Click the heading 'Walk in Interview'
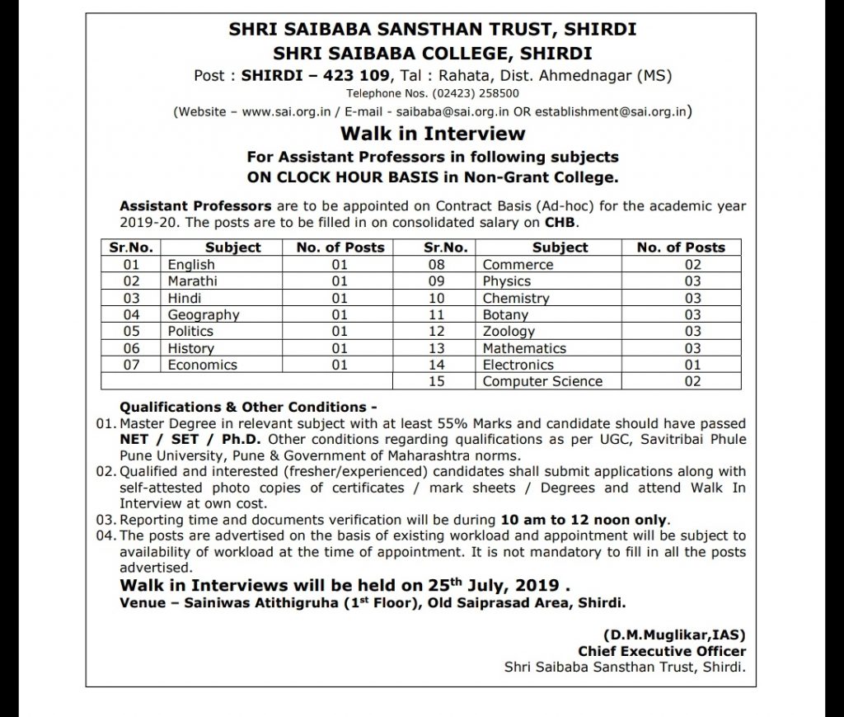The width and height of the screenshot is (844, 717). click(x=433, y=134)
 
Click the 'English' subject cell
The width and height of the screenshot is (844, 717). click(x=191, y=265)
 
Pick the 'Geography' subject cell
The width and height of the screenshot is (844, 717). click(x=204, y=314)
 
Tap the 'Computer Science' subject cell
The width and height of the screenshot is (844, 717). click(x=542, y=381)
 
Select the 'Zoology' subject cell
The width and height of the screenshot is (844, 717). click(x=509, y=331)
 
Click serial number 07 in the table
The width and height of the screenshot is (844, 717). click(x=131, y=365)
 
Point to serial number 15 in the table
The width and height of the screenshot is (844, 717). click(x=436, y=381)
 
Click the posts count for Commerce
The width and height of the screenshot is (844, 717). click(x=692, y=265)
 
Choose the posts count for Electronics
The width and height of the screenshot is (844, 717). click(x=692, y=365)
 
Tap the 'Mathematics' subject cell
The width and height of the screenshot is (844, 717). click(x=524, y=348)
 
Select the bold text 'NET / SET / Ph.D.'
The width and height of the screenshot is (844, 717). click(x=181, y=440)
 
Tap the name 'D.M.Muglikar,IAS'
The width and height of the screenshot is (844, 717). click(x=674, y=635)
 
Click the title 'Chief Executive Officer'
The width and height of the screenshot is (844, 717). click(x=661, y=652)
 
